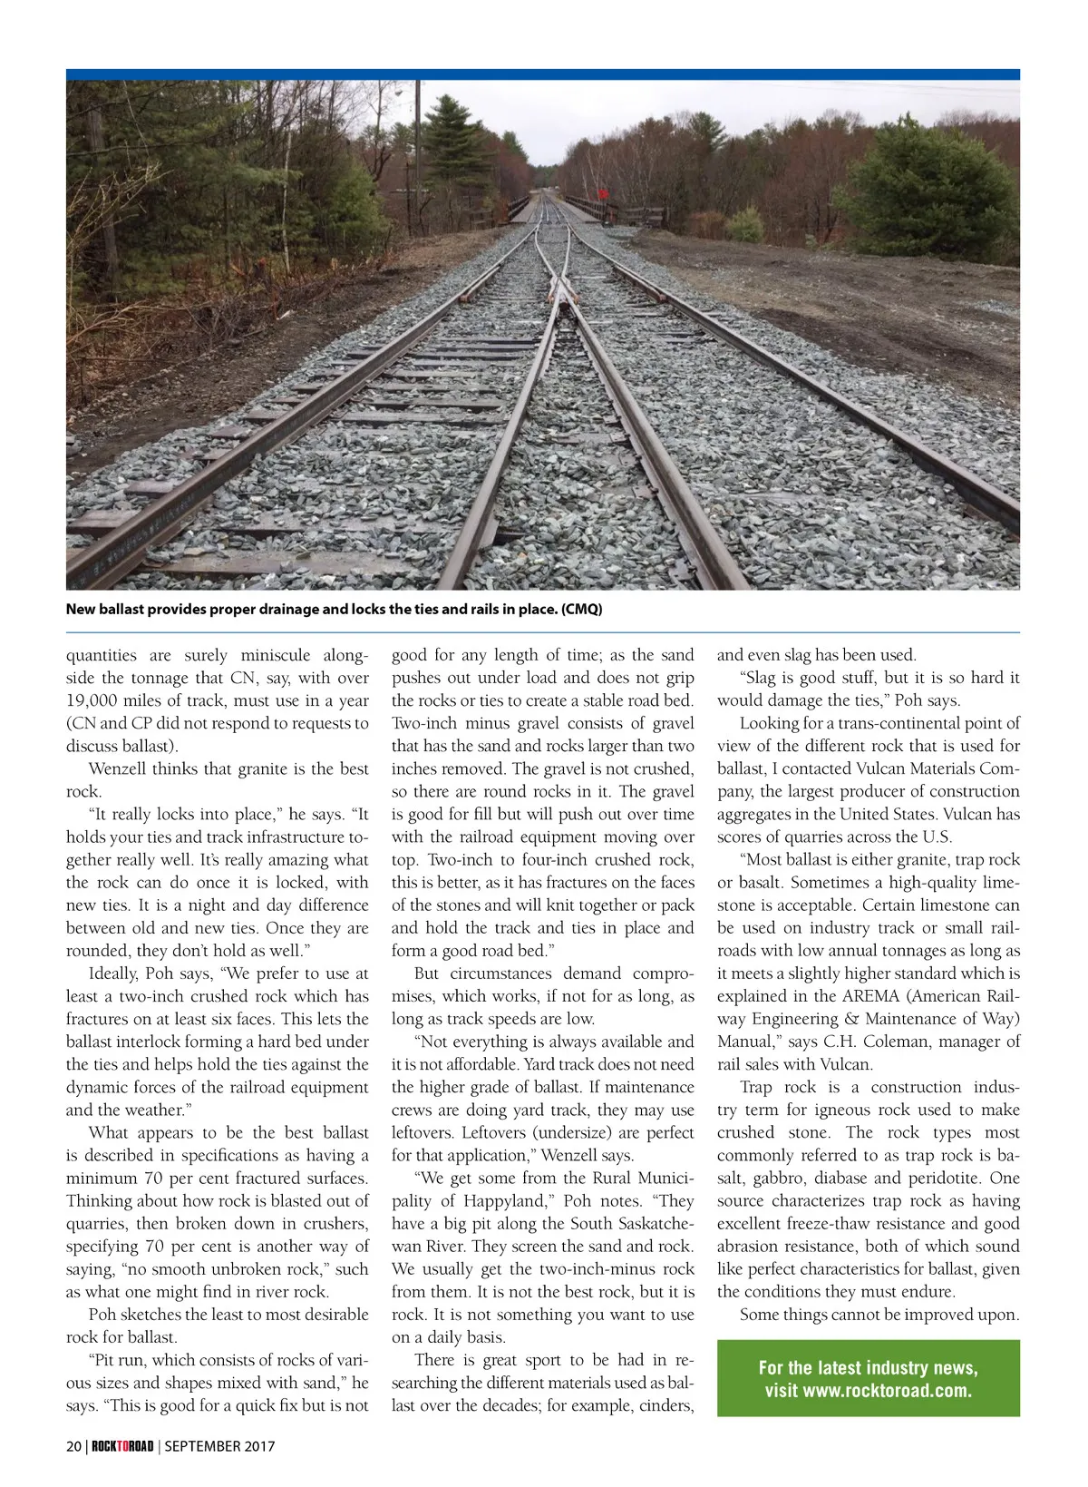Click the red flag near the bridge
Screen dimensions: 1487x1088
click(x=600, y=192)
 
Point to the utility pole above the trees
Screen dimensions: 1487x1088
click(x=418, y=136)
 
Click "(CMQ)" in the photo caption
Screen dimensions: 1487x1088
click(x=581, y=609)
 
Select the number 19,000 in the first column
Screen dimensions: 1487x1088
click(x=98, y=700)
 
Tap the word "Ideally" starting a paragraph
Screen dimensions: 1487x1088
click(x=112, y=973)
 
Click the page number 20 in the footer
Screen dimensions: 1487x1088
click(x=73, y=1446)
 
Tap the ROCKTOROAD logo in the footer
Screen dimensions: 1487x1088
click(x=122, y=1446)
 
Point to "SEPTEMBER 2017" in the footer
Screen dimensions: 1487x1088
click(x=219, y=1446)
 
